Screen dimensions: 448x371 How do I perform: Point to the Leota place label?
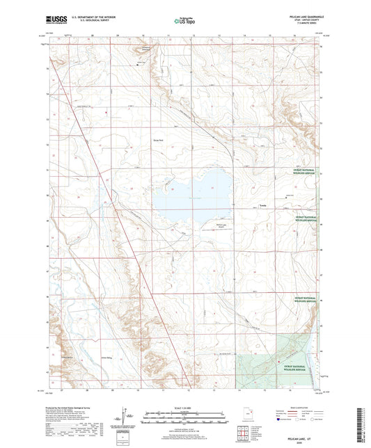[262, 206]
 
